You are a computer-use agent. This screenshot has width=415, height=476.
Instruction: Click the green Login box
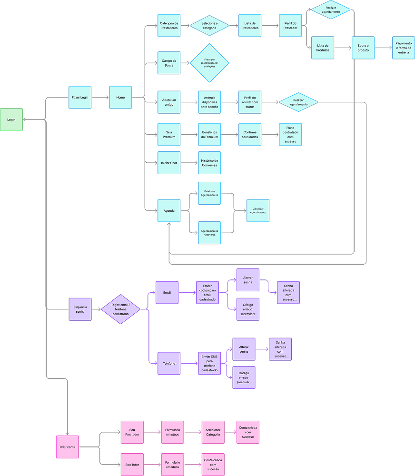[x=11, y=119]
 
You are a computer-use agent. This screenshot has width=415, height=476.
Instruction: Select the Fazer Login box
[x=80, y=97]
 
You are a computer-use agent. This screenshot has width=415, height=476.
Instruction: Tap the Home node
[x=120, y=97]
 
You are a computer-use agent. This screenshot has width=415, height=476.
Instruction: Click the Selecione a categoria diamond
[x=209, y=26]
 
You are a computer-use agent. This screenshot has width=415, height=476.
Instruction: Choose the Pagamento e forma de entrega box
[x=404, y=48]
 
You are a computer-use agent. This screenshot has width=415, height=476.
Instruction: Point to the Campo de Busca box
[x=169, y=63]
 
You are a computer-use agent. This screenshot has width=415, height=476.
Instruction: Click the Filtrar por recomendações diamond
[x=209, y=63]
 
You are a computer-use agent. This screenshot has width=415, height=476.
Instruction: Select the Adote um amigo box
[x=169, y=102]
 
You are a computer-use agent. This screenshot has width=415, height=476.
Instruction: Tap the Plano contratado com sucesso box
[x=290, y=135]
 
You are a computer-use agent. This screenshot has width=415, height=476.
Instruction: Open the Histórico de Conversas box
[x=209, y=163]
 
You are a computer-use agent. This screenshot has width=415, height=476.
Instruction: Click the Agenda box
[x=169, y=210]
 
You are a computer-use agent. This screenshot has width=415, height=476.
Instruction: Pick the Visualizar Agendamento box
[x=258, y=210]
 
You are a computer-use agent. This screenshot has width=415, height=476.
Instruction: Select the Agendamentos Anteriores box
[x=209, y=233]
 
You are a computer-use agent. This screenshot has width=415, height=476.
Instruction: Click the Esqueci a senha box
[x=80, y=309]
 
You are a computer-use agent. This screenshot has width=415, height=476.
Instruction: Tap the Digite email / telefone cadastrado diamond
[x=121, y=309]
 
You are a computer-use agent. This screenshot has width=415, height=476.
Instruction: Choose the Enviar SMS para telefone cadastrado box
[x=209, y=363]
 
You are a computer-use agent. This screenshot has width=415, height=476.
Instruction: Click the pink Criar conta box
[x=68, y=447]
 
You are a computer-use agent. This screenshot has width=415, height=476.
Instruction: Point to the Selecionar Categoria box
[x=213, y=432]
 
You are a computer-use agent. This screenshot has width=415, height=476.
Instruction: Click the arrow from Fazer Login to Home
[x=100, y=97]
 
